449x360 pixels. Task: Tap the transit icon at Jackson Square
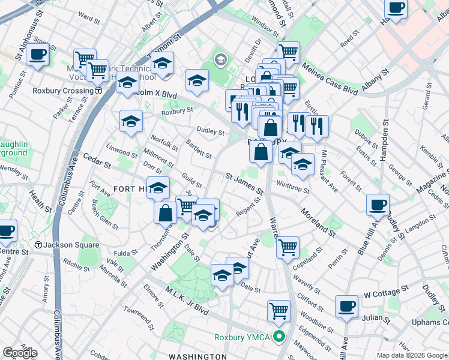38,245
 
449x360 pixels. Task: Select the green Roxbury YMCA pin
279,337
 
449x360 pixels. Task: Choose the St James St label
244,184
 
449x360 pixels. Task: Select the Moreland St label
318,221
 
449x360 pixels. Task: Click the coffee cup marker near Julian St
346,306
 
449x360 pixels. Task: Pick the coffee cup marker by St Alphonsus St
37,55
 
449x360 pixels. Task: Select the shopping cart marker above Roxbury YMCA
279,310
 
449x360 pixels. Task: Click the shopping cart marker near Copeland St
288,246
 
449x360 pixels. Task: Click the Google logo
20,353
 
